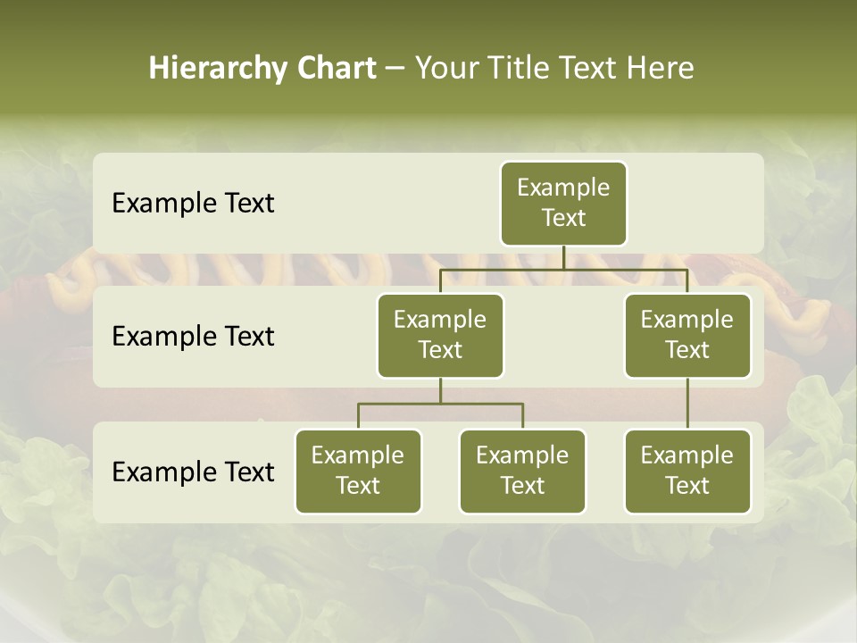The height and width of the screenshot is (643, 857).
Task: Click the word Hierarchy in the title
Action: (x=217, y=68)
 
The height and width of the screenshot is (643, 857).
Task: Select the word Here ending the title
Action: (x=660, y=68)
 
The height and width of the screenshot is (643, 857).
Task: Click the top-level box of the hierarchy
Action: (x=563, y=204)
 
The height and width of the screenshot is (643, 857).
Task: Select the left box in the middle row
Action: (x=440, y=336)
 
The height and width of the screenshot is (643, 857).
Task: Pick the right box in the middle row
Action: (x=687, y=336)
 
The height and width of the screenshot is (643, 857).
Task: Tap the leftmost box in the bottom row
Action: (x=358, y=472)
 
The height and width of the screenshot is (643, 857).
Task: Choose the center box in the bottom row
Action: (x=522, y=472)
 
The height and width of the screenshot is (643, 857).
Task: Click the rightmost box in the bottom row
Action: (x=687, y=472)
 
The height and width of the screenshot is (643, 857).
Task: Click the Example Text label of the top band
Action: (x=193, y=204)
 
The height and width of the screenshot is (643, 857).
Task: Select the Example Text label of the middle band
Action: (x=193, y=337)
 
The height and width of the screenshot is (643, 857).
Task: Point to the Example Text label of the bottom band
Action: (x=193, y=472)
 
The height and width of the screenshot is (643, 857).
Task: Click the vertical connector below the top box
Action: (x=563, y=257)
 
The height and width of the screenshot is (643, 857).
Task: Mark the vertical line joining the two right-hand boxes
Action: (x=687, y=404)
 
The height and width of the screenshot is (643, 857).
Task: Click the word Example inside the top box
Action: (x=563, y=188)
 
